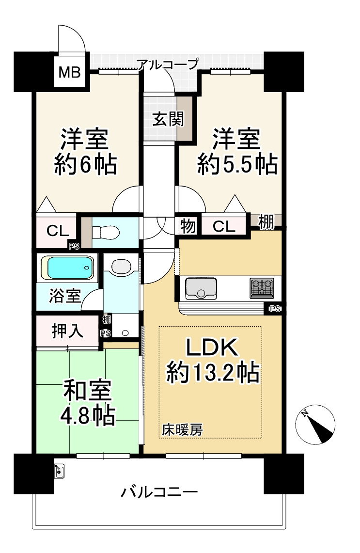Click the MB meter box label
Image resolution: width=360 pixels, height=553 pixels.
[69, 72]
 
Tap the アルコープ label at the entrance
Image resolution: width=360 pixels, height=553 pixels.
[168, 64]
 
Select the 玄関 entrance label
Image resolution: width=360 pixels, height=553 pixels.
[168, 119]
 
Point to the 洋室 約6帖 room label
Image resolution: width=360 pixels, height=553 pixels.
[85, 152]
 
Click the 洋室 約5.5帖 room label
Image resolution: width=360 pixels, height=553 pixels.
[237, 152]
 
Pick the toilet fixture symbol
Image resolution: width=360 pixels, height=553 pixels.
[106, 233]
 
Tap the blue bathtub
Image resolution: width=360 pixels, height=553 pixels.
[67, 268]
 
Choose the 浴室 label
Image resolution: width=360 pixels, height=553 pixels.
[65, 295]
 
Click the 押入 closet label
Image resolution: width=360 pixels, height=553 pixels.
[67, 331]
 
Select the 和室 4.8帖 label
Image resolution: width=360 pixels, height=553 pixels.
[87, 402]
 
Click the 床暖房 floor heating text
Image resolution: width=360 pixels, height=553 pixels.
[182, 430]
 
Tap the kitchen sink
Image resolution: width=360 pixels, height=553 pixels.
[201, 288]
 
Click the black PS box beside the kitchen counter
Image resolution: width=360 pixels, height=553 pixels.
[274, 309]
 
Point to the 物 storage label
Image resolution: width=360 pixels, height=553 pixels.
[188, 226]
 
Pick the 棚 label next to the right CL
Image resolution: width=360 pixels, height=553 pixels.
[266, 222]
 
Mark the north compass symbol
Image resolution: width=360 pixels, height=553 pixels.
[315, 424]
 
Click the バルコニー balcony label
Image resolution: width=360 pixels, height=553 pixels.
[159, 491]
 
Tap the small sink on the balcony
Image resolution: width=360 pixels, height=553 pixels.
[59, 471]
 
